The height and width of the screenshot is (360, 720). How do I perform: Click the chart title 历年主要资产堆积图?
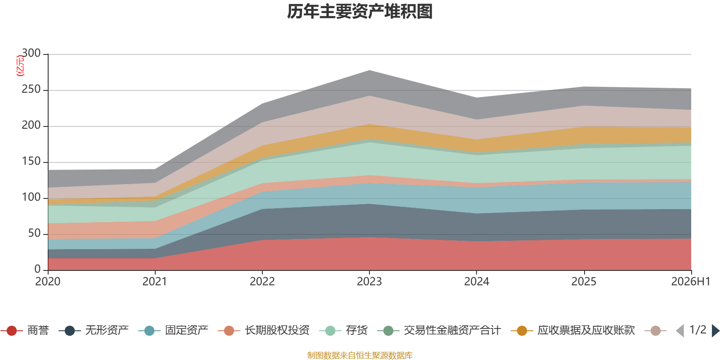tap(360, 12)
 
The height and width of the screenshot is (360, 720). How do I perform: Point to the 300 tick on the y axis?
tap(31, 53)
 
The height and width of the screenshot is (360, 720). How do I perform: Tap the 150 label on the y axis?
tap(31, 161)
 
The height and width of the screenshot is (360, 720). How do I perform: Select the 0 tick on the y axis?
tap(37, 269)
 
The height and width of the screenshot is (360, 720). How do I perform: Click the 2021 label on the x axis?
tap(155, 282)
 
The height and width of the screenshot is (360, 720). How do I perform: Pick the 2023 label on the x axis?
tap(369, 282)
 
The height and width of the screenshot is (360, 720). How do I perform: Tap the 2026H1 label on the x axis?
tap(691, 282)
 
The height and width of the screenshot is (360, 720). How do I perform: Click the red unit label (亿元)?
tap(20, 66)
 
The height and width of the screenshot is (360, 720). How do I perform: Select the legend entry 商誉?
tap(25, 330)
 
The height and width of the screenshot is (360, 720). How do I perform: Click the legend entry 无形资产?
tap(94, 330)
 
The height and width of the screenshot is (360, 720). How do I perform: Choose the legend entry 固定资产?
tap(173, 330)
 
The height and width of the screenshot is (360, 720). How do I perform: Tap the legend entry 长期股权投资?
tap(264, 330)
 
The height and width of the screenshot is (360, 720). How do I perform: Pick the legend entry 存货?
tap(343, 330)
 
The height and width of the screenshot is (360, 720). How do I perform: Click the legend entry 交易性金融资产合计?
tap(439, 330)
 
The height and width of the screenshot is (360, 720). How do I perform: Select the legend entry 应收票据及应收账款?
tap(573, 330)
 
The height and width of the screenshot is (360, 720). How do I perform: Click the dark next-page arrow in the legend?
tap(715, 330)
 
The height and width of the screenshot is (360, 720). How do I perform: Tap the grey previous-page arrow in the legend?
tap(680, 330)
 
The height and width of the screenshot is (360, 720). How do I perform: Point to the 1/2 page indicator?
tap(698, 330)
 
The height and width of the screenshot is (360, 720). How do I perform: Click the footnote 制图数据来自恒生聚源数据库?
tap(360, 355)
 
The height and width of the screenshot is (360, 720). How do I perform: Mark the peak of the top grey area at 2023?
tap(369, 70)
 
